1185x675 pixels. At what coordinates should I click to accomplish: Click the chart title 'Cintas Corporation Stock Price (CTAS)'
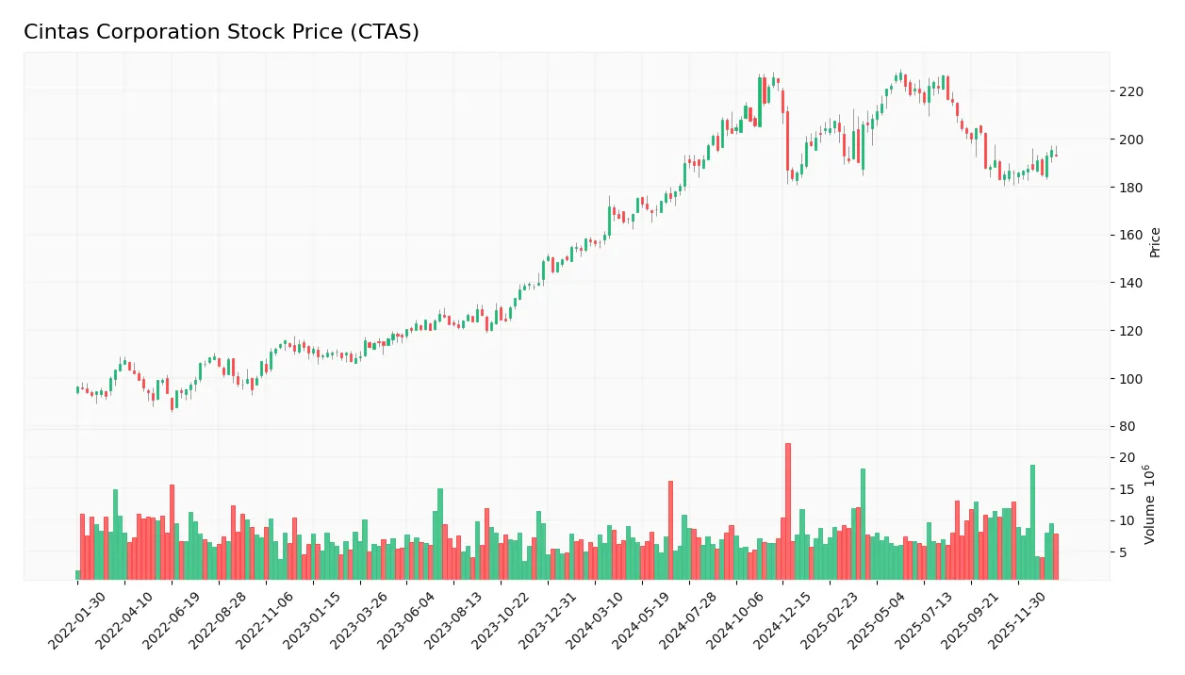click(222, 32)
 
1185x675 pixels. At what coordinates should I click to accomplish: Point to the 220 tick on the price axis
click(1131, 91)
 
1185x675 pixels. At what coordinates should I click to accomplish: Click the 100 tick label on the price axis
click(1131, 379)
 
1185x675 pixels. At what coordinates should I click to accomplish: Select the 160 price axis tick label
click(1131, 236)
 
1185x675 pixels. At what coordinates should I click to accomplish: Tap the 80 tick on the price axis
click(1127, 427)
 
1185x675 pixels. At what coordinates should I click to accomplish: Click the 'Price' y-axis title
click(1156, 242)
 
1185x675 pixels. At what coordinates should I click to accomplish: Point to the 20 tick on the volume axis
click(1127, 458)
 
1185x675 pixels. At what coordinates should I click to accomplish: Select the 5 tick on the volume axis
click(1124, 552)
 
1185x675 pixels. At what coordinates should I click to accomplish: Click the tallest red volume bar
click(788, 511)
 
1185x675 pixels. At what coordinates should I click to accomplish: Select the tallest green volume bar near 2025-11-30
click(1032, 522)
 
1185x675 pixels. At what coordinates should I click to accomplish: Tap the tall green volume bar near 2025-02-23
click(863, 524)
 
